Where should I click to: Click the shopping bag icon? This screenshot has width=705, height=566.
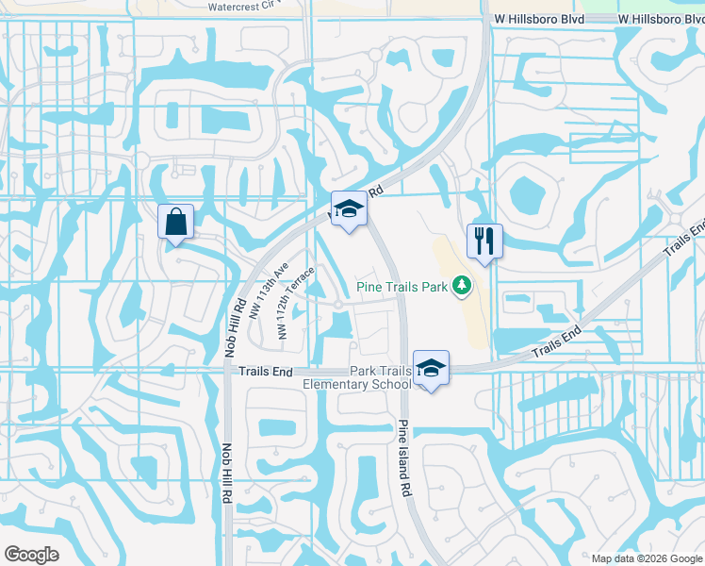coord(176,223)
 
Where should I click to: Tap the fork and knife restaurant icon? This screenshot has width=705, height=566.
coord(484,240)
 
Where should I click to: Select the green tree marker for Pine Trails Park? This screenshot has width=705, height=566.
coord(461,284)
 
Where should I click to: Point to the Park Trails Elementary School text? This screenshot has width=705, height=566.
coord(357,377)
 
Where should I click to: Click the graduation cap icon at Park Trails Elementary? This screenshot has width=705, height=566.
coord(431,367)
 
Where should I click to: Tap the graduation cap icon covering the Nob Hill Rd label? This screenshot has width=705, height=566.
coord(349,209)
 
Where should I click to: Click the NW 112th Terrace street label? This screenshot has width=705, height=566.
coord(296,303)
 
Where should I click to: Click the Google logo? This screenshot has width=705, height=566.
coord(31,555)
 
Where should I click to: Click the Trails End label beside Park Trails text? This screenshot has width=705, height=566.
coord(262,372)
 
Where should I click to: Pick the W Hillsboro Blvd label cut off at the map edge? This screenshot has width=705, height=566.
coord(662,19)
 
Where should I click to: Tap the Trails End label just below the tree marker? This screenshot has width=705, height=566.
coord(557,343)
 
